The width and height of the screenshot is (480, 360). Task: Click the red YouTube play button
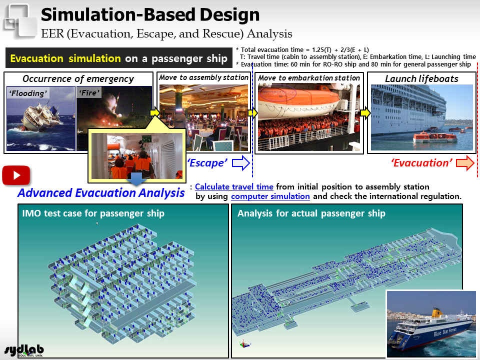pos(16,175)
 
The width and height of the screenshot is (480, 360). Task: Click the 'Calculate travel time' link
pos(234,186)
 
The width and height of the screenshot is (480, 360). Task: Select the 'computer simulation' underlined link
pos(270,196)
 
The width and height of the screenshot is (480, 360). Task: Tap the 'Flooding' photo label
pos(28,93)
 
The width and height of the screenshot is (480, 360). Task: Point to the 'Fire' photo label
pos(89,93)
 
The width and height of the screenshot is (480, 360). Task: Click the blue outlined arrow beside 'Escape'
pos(241,162)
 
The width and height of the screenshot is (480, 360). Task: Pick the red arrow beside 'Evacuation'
pos(465,162)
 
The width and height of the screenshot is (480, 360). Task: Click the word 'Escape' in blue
pos(207,163)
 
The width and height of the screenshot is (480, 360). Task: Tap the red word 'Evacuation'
pos(422,163)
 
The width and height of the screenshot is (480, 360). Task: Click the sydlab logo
pos(24,350)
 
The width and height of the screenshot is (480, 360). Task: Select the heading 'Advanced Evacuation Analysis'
pos(101,193)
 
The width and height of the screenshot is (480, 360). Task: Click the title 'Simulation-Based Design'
pos(150,14)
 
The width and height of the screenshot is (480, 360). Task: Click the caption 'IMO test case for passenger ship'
pos(93,213)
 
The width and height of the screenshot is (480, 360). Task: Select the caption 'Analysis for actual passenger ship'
pos(311,213)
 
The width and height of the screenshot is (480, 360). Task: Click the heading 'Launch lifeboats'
pos(421,78)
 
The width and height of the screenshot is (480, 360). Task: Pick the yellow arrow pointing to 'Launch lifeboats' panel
pos(365,113)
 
